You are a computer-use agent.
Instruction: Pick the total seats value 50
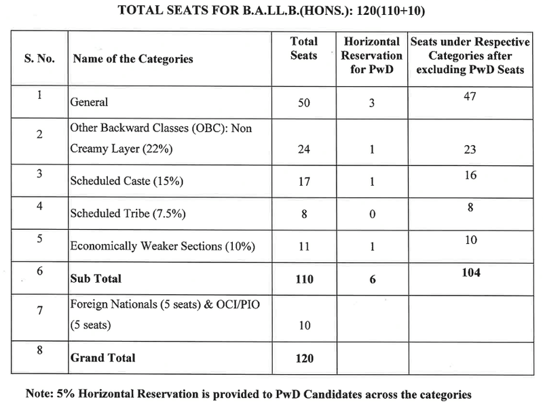(303, 105)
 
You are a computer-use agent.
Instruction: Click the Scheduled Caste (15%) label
(118, 181)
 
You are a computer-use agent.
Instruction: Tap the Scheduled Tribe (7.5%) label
(119, 214)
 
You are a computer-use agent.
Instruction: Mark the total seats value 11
(303, 245)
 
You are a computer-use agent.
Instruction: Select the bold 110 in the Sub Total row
(303, 279)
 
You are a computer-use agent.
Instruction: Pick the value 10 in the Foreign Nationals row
(303, 325)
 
